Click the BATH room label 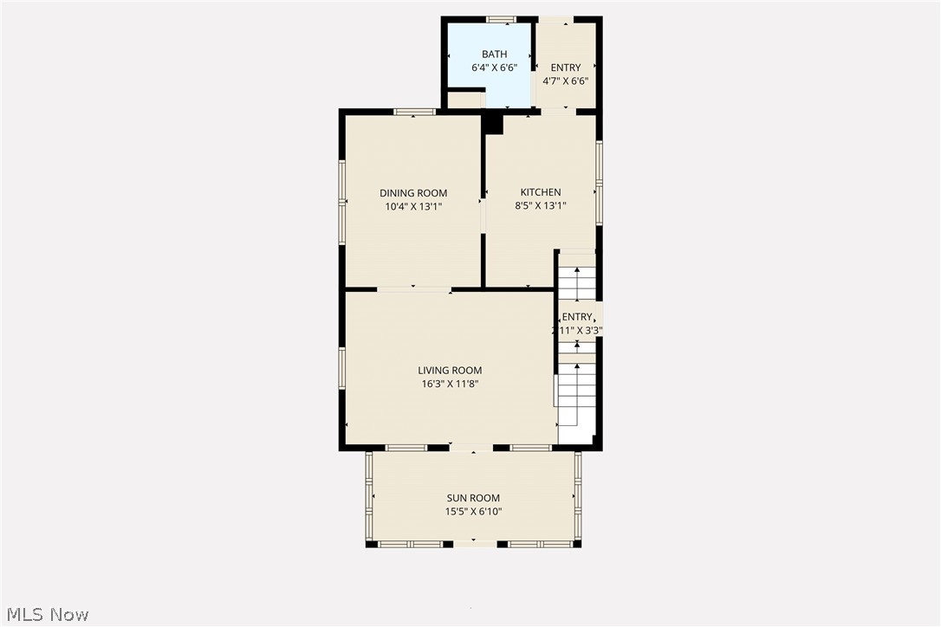pos(494,55)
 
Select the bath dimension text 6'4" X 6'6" pos(494,68)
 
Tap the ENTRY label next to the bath pos(566,68)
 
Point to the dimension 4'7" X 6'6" pos(566,81)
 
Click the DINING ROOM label pos(413,193)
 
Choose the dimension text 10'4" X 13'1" pos(413,206)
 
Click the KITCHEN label pos(540,192)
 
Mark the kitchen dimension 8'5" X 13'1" pos(540,206)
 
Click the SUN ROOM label pos(473,498)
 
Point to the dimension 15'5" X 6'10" pos(473,511)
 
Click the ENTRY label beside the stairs pos(578,317)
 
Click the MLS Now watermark pos(45,615)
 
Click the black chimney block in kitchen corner pos(492,125)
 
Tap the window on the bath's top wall pos(501,19)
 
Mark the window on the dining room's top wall pos(414,111)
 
